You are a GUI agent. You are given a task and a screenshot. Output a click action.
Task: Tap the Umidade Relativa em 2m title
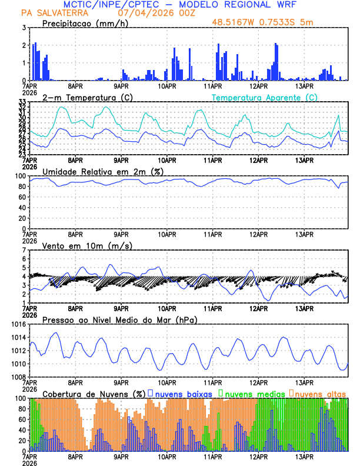click(103, 171)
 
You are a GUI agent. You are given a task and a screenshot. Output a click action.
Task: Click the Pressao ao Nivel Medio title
click(119, 319)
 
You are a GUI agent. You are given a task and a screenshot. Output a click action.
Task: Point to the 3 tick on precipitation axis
click(24, 28)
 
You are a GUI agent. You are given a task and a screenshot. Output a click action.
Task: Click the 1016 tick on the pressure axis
click(18, 324)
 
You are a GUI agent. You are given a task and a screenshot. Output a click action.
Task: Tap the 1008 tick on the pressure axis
click(18, 377)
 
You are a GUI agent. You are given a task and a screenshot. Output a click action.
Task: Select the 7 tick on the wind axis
click(24, 250)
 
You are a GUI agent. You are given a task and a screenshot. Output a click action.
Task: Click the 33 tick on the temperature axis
click(22, 102)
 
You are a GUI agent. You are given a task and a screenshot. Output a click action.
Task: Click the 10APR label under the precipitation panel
click(167, 85)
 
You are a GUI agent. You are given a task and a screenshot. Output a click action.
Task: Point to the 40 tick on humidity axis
click(22, 208)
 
